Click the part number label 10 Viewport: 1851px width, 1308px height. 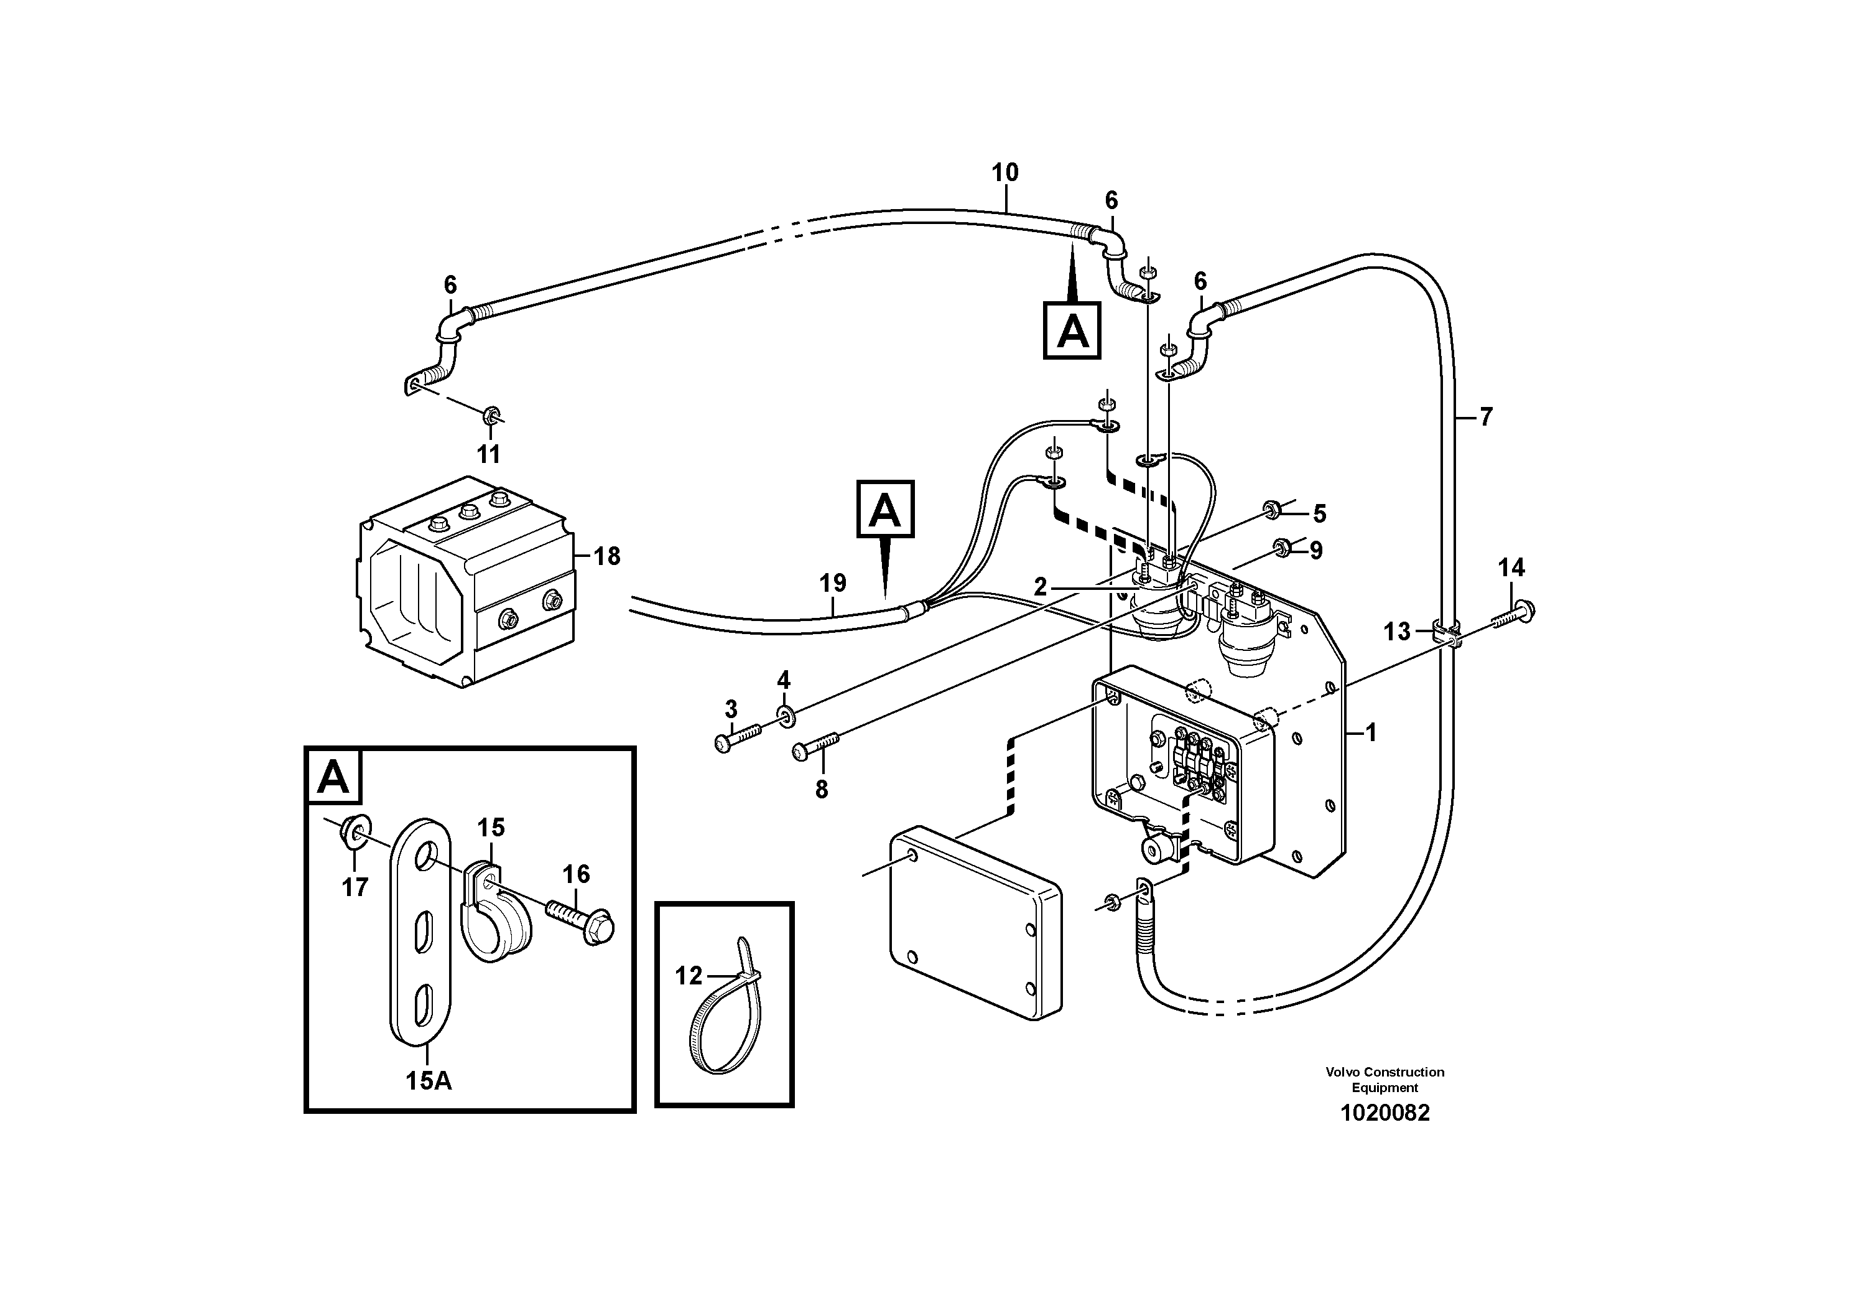pos(1004,172)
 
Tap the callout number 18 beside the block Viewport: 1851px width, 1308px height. pos(606,556)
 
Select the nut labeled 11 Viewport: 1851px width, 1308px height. pos(490,416)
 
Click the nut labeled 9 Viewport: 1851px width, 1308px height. pos(1279,548)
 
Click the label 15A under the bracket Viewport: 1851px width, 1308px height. pos(428,1081)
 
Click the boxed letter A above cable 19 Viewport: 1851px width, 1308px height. pos(884,509)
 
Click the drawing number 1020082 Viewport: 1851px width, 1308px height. pos(1385,1113)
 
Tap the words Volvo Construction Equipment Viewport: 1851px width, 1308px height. pos(1385,1079)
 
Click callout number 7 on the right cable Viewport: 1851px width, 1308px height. pos(1485,416)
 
